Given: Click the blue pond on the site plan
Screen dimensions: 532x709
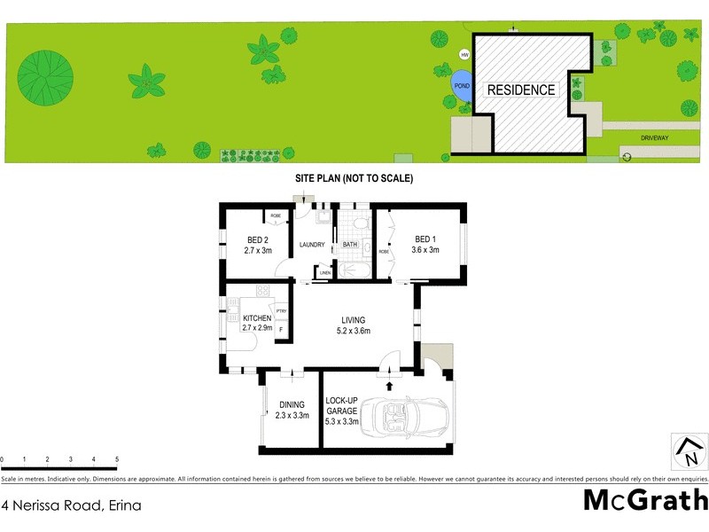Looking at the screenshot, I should (462, 86).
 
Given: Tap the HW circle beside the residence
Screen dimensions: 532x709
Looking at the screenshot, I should (463, 55).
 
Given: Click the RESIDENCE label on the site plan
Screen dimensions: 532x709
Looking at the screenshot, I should (521, 90).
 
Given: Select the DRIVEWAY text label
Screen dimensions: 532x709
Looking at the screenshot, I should (657, 137).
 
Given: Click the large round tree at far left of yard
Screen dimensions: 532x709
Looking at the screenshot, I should (45, 72).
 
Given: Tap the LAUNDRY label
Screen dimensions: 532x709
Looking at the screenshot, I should (312, 246).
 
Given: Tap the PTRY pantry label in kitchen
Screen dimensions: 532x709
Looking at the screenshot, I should (281, 310).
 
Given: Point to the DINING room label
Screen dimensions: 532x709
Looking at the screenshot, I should (292, 405).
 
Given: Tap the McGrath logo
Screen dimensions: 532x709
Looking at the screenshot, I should (645, 501).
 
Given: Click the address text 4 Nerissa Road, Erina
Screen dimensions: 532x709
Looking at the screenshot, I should (72, 505).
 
